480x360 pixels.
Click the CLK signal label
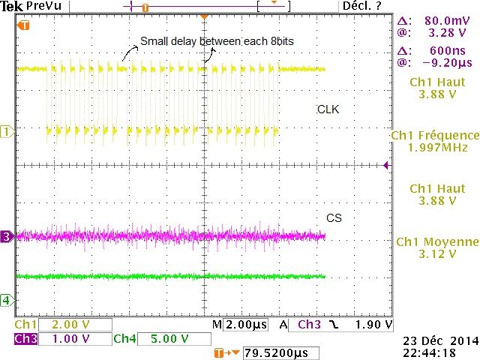(x=328, y=109)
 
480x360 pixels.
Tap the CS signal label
(x=334, y=218)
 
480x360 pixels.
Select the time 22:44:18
(x=438, y=352)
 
